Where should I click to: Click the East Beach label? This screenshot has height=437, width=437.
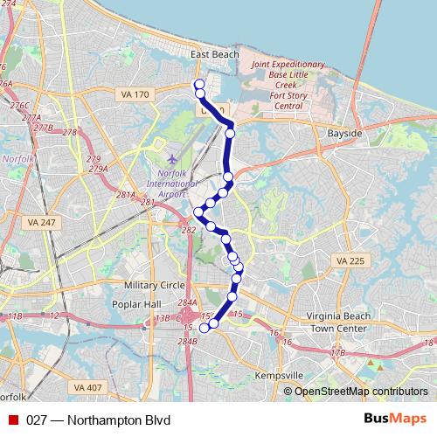(x=214, y=54)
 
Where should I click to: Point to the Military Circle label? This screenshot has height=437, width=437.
(x=154, y=285)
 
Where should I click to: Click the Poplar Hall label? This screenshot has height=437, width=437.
(x=133, y=303)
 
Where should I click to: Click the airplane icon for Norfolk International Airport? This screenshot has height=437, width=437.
(x=172, y=161)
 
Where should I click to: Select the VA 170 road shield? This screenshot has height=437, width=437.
(x=136, y=93)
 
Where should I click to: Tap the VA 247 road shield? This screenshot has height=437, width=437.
(x=41, y=223)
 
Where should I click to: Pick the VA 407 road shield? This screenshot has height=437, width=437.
(x=88, y=386)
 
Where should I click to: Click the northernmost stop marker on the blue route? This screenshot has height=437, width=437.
(x=199, y=84)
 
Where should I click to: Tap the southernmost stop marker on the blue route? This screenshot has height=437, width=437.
(x=205, y=328)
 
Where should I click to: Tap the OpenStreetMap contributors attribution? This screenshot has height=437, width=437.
(x=360, y=391)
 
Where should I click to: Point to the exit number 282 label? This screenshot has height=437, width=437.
(x=188, y=230)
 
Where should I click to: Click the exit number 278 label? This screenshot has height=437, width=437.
(x=70, y=133)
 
